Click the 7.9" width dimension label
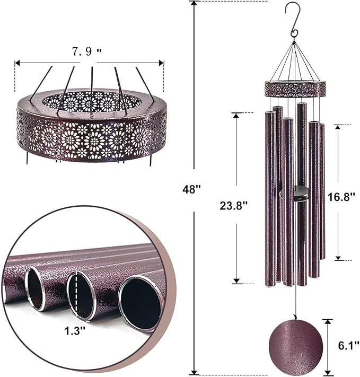pos(86,52)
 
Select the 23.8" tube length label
pos(234,206)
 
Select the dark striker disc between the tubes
pos(295,194)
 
